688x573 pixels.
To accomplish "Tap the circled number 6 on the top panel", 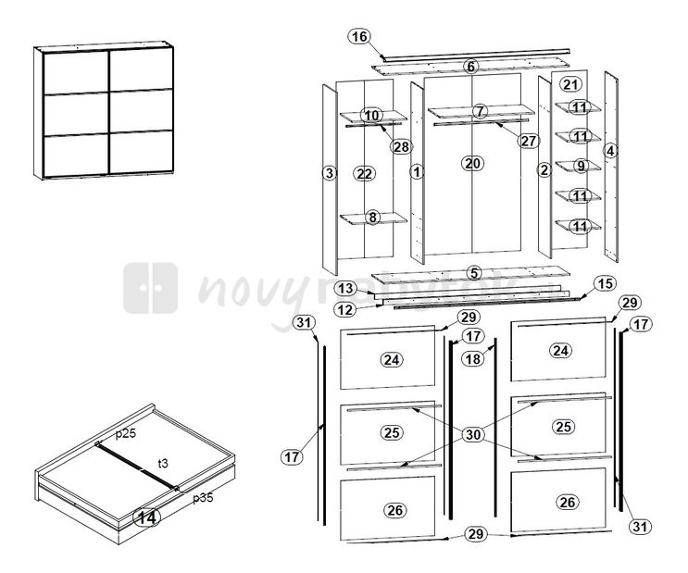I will pyautogui.click(x=471, y=67).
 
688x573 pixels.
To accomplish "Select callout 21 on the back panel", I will pyautogui.click(x=570, y=84).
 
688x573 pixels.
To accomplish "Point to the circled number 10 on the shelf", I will pyautogui.click(x=371, y=116).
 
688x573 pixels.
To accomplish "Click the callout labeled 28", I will pyautogui.click(x=400, y=146).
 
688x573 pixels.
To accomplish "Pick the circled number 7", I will pyautogui.click(x=479, y=111).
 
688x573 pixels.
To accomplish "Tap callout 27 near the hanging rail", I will pyautogui.click(x=529, y=142).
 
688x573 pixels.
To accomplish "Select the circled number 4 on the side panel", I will pyautogui.click(x=610, y=150).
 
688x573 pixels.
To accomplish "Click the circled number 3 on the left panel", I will pyautogui.click(x=328, y=173).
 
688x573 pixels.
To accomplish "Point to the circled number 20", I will pyautogui.click(x=472, y=163).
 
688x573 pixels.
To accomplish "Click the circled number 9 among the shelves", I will pyautogui.click(x=580, y=167).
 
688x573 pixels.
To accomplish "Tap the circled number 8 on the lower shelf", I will pyautogui.click(x=372, y=218).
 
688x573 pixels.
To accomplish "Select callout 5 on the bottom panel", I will pyautogui.click(x=473, y=273).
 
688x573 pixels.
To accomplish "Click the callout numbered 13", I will pyautogui.click(x=346, y=289).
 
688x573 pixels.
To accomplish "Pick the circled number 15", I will pyautogui.click(x=604, y=283).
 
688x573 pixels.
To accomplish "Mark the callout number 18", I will pyautogui.click(x=472, y=358).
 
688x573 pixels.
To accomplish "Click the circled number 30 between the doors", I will pyautogui.click(x=472, y=434).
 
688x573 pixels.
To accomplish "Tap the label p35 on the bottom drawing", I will pyautogui.click(x=203, y=498).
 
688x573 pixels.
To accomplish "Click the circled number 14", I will pyautogui.click(x=145, y=518).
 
